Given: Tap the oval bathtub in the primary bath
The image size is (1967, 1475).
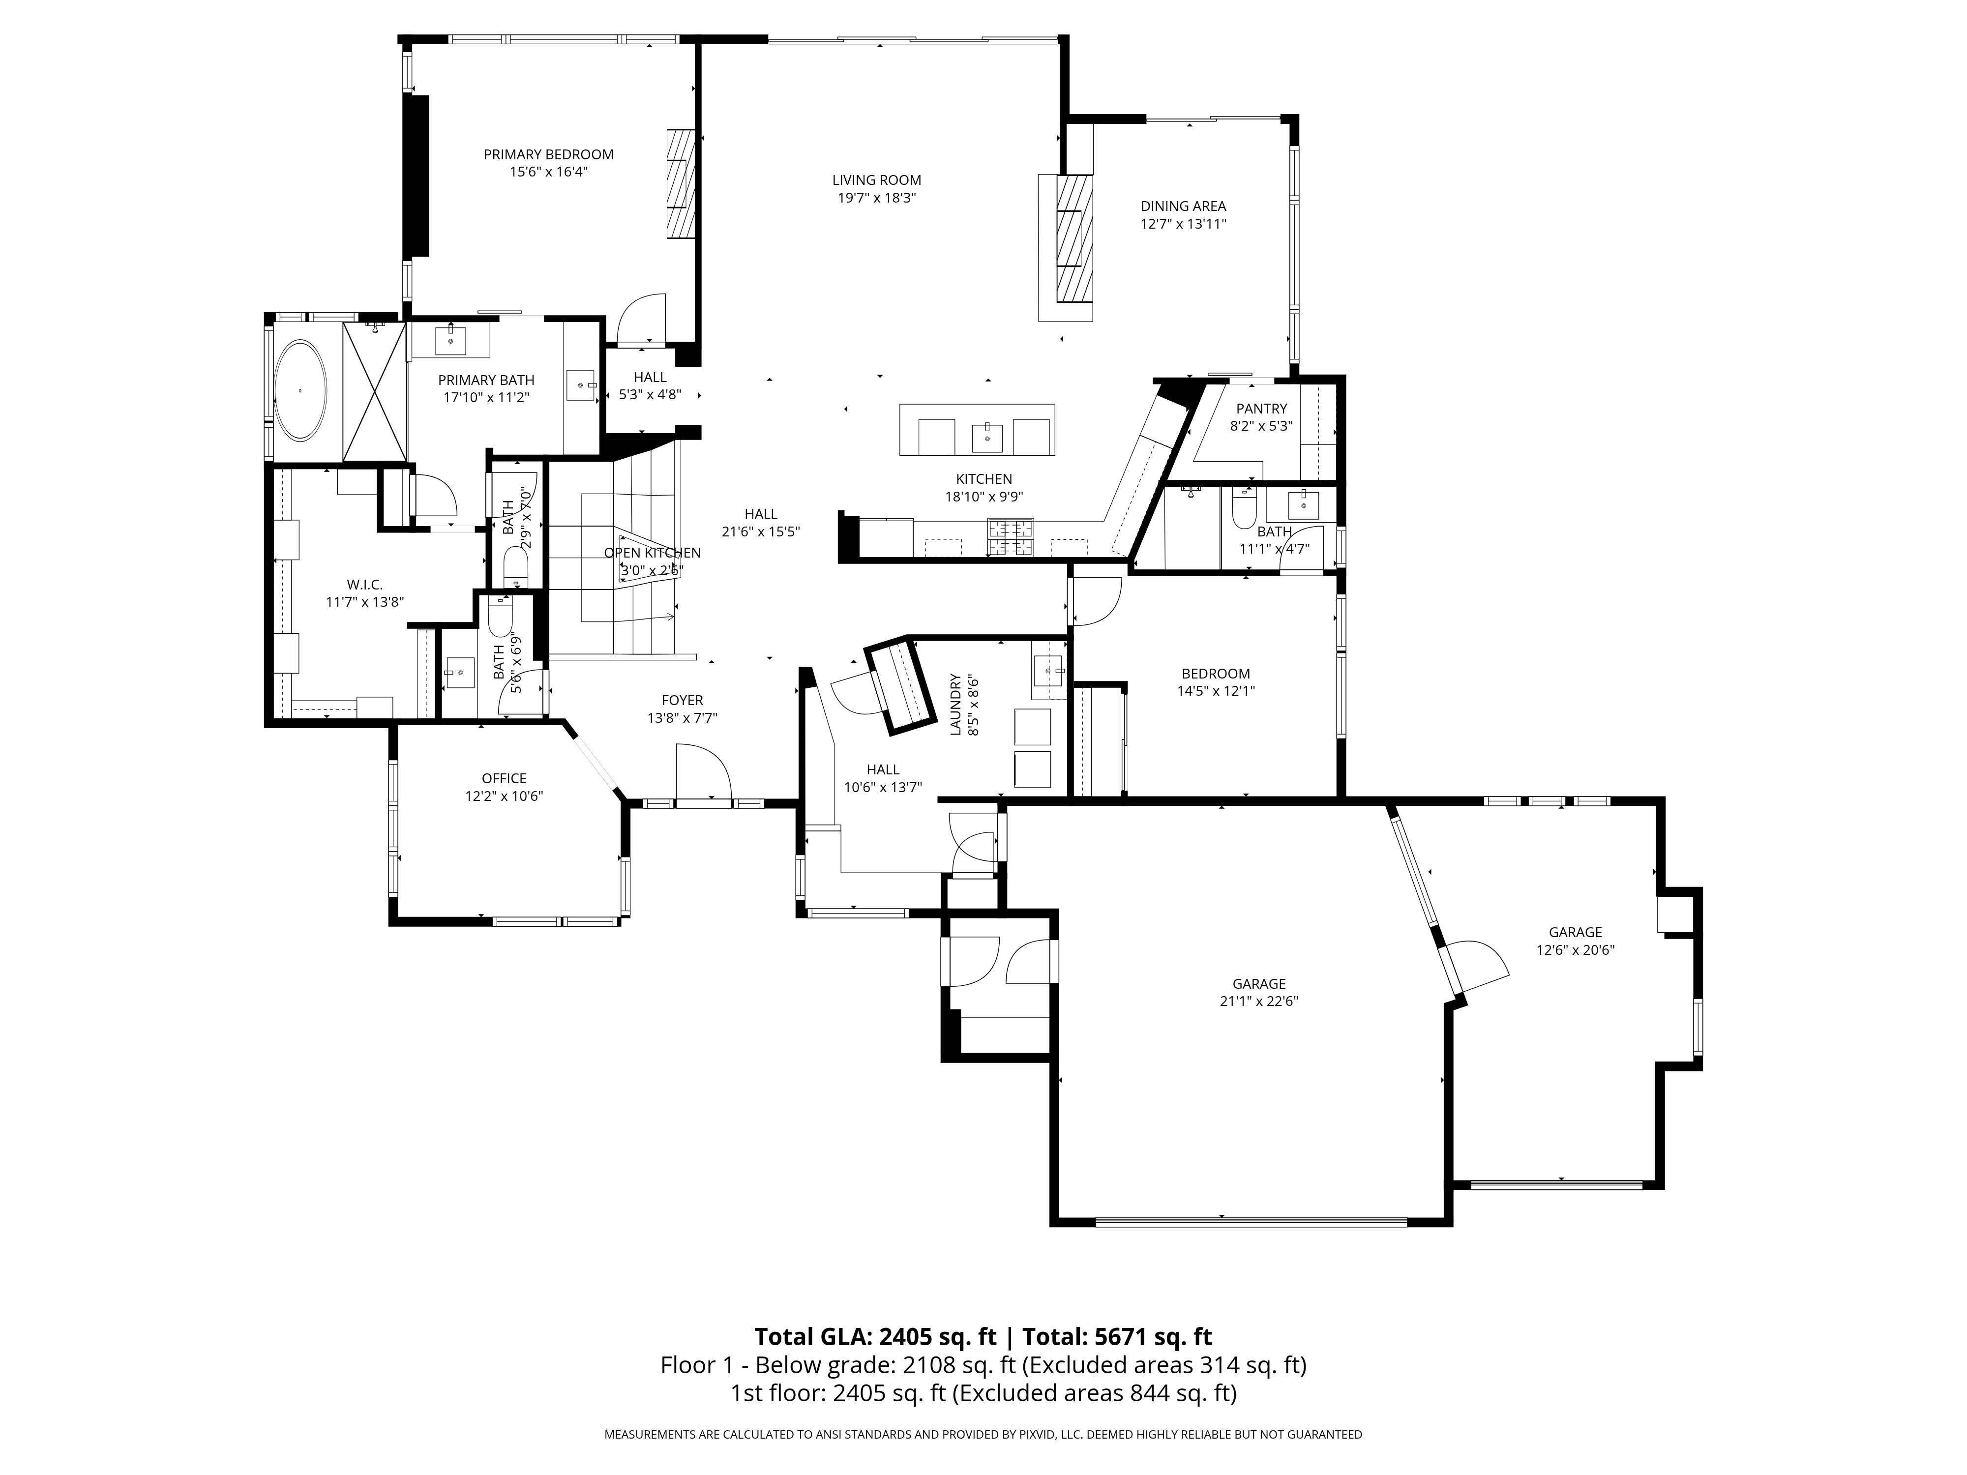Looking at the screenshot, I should [299, 390].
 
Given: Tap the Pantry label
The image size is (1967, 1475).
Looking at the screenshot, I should [1261, 409].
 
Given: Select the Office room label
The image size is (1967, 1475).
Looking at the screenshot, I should [504, 779].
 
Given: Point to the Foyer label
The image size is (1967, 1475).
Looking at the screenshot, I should [682, 701].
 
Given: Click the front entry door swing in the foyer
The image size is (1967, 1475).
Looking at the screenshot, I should [703, 773].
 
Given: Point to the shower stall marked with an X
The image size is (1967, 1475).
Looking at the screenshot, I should [374, 392].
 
